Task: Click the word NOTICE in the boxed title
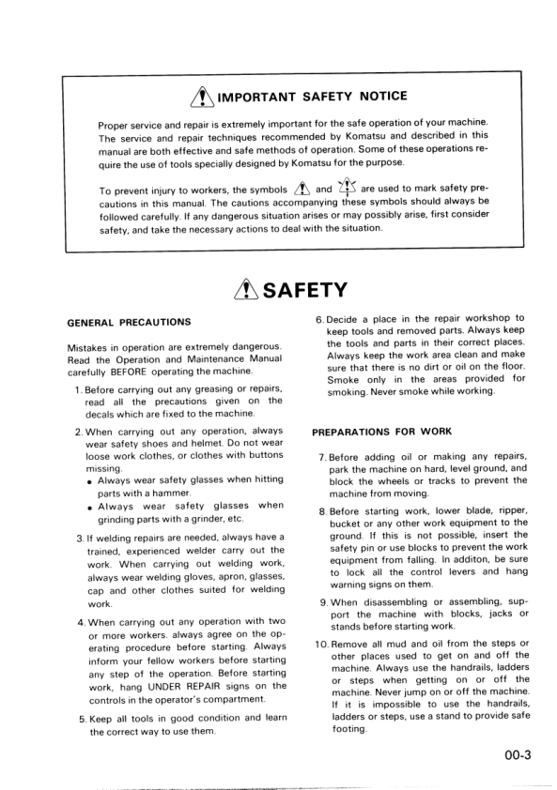pos(380,96)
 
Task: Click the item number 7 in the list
pos(322,457)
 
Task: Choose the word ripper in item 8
pos(508,510)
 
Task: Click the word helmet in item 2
pos(202,444)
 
